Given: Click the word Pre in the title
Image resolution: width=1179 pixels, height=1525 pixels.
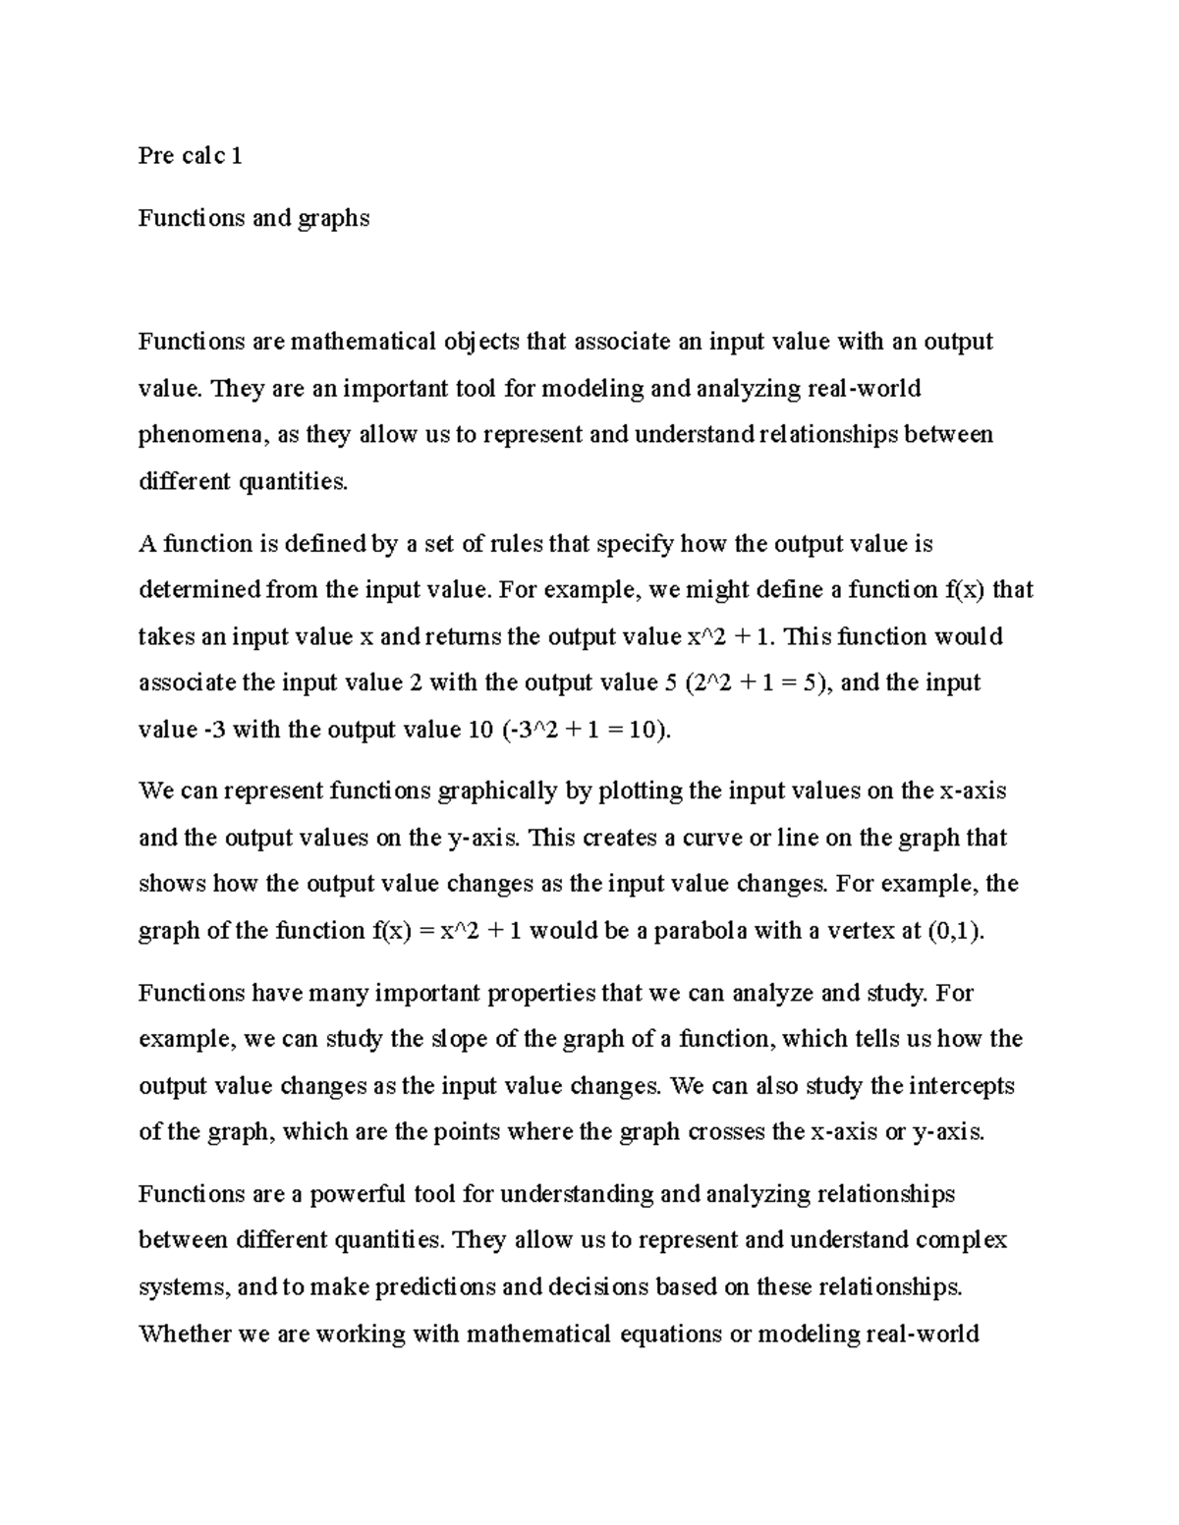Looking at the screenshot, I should click(156, 156).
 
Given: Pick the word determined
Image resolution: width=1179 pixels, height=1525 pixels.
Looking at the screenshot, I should click(199, 590).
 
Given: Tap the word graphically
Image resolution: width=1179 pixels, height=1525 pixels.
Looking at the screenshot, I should click(495, 790).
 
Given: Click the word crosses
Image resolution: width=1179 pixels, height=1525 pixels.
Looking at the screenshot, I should click(726, 1132).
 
